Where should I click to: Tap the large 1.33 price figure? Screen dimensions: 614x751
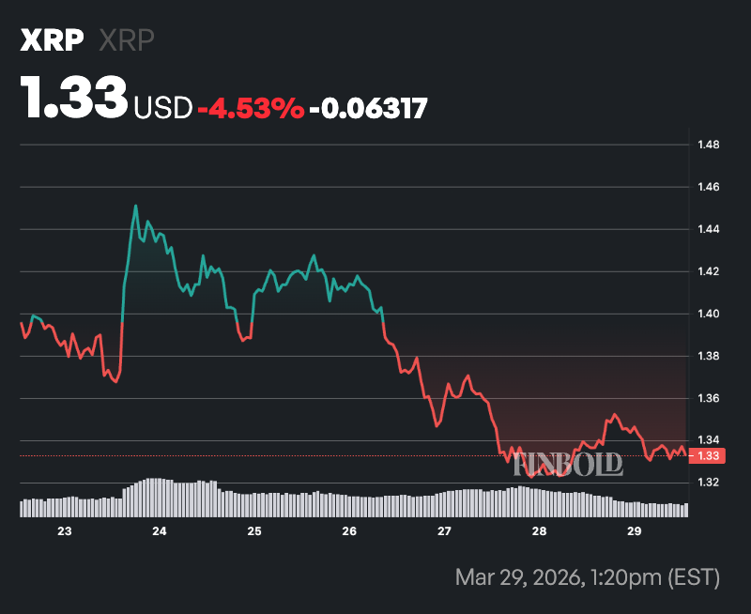click(x=74, y=99)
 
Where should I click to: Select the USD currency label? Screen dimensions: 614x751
click(x=163, y=108)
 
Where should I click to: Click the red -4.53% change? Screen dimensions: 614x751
click(x=251, y=108)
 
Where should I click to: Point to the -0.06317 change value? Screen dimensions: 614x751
click(x=368, y=108)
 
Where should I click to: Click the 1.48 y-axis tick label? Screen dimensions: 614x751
click(x=708, y=145)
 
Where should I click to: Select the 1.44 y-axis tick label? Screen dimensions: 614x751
click(x=708, y=229)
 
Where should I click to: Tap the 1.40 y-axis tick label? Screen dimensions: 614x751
click(x=708, y=314)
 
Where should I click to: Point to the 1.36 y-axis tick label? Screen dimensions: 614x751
click(x=708, y=398)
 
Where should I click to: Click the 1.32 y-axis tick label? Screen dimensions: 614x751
click(x=708, y=483)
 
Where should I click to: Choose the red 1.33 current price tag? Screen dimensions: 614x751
click(x=707, y=455)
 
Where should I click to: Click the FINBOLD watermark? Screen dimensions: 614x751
click(x=567, y=463)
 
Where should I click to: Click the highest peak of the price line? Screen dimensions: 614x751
click(x=135, y=206)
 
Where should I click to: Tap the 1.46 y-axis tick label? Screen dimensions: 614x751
click(x=708, y=187)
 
